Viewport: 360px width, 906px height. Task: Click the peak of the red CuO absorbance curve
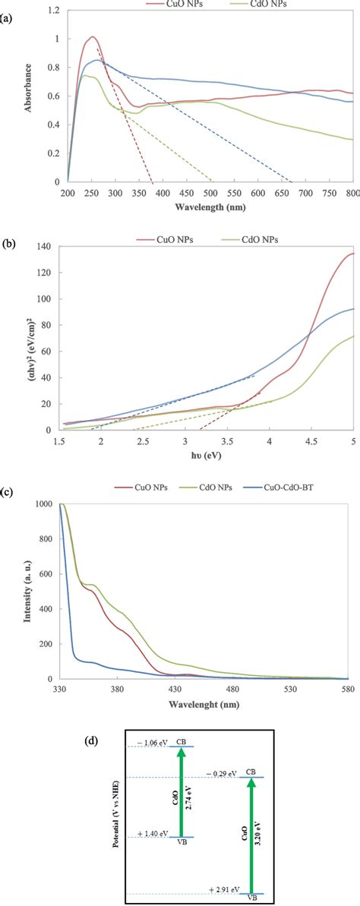pos(92,36)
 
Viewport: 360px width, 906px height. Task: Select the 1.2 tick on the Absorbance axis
pos(54,11)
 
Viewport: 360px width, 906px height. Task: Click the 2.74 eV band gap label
pos(187,792)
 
